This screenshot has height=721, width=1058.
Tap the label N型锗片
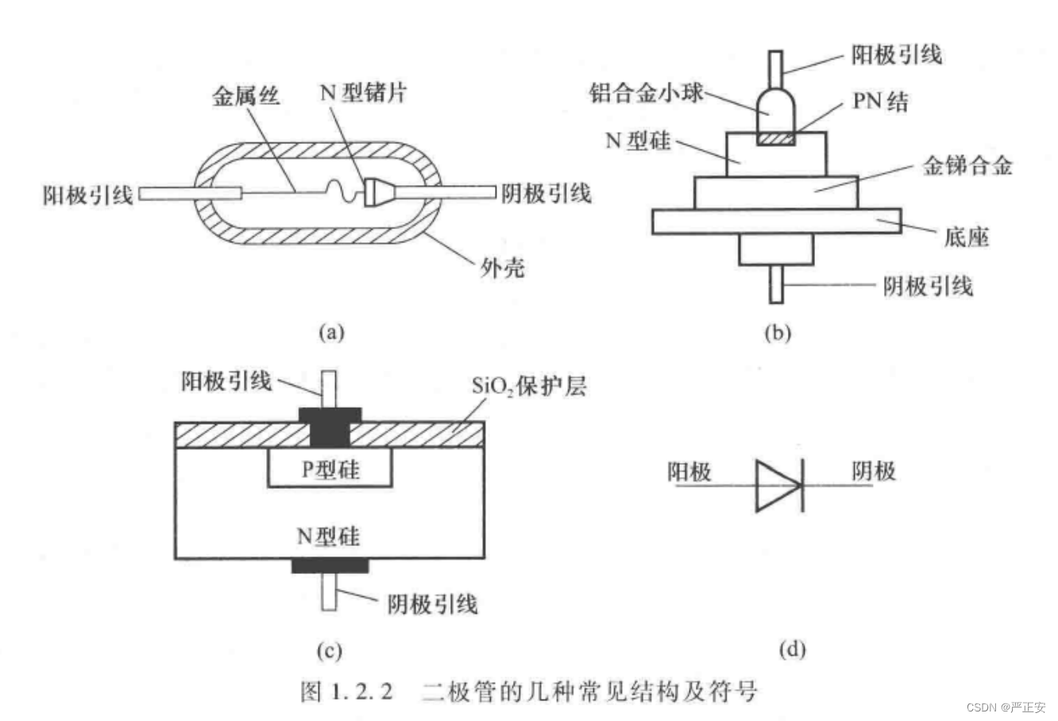[362, 93]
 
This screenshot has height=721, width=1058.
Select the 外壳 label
[502, 267]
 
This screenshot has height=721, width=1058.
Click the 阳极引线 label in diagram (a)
[88, 194]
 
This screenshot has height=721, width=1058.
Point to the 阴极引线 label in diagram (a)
[546, 193]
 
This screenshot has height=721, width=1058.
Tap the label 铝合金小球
[647, 93]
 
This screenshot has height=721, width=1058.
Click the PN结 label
[881, 102]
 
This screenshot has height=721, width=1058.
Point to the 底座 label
[967, 236]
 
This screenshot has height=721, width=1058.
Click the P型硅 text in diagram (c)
[330, 470]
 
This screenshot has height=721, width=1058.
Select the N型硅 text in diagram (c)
[328, 537]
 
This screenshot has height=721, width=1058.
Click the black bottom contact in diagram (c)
[330, 565]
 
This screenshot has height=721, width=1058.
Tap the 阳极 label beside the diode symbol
[689, 472]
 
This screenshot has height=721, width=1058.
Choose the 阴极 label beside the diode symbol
[874, 471]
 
